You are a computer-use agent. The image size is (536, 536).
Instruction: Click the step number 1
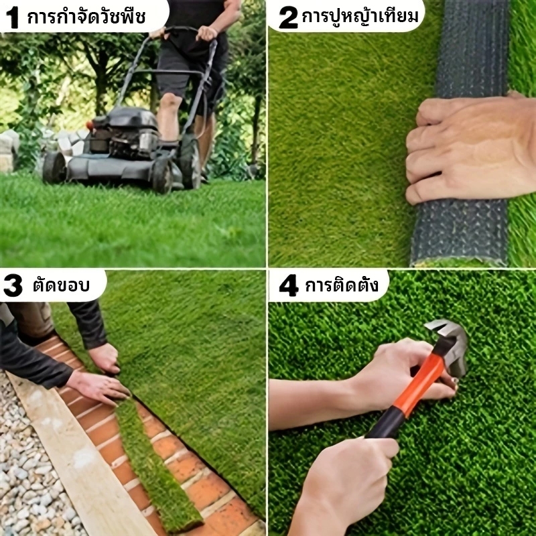13,17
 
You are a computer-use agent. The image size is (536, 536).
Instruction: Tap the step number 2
288,17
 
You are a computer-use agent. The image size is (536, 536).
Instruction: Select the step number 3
13,285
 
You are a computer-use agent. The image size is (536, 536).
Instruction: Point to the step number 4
289,285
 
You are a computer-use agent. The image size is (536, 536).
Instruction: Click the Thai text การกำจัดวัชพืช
86,17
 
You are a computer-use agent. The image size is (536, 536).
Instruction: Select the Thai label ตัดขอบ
61,285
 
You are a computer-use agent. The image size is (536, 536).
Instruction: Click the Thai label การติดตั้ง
342,285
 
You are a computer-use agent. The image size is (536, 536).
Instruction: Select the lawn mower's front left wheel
54,167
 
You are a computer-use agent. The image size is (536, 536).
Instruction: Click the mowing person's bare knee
170,102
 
